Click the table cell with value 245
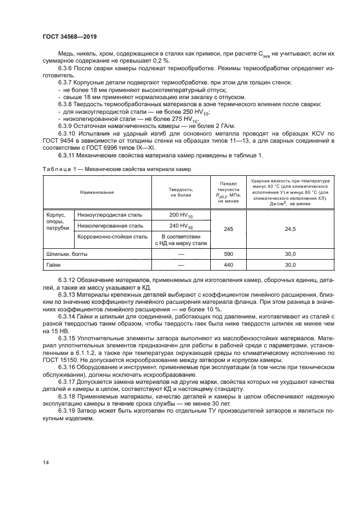point(228,229)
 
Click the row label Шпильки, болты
point(67,254)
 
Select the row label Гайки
point(53,265)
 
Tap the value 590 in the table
point(228,254)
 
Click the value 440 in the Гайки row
point(228,265)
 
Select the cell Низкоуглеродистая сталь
point(111,215)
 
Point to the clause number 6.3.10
point(68,133)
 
